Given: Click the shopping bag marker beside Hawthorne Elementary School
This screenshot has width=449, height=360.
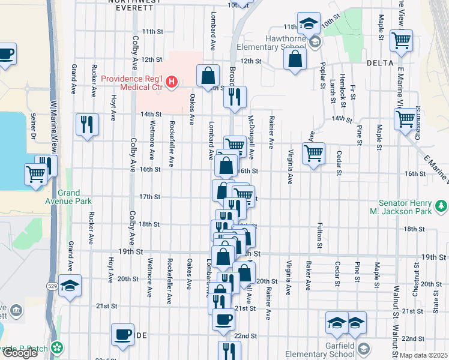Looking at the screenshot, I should coord(295,59).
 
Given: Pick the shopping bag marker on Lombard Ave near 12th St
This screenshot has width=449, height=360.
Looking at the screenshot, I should coord(208,76).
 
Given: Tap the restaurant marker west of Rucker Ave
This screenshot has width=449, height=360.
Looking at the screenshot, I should coord(88,125).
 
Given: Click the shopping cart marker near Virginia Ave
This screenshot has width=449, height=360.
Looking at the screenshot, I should coord(313,154).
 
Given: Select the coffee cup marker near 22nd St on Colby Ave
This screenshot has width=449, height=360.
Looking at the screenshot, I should coord(124,335).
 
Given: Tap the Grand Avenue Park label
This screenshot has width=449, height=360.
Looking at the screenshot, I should coord(75,198).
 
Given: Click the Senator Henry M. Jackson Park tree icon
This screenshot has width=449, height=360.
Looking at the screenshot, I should coord(442,206).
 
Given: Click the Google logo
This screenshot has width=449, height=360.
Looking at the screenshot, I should coord(20,353).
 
